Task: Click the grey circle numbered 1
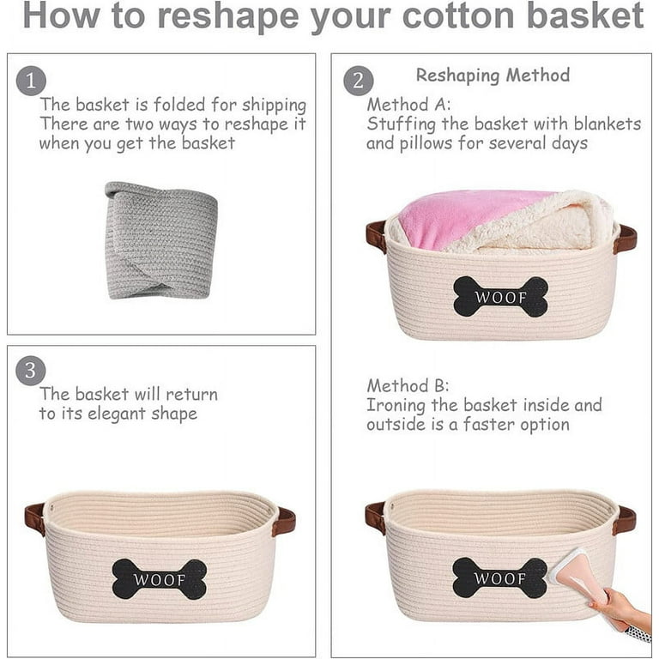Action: click(32, 82)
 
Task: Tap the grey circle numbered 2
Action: click(359, 82)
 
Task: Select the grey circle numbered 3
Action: click(32, 372)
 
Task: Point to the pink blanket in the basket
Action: click(463, 218)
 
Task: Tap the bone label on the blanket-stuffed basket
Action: click(500, 297)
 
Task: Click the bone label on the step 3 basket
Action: click(160, 579)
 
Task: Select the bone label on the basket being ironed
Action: click(499, 577)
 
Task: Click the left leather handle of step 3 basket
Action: click(35, 518)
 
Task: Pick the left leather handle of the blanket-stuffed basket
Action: click(376, 237)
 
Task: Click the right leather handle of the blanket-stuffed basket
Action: click(626, 238)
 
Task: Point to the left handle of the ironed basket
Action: click(375, 517)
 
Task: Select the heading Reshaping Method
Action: click(493, 76)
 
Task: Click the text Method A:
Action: click(408, 105)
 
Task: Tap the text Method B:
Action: click(408, 385)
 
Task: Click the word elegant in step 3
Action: click(107, 414)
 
